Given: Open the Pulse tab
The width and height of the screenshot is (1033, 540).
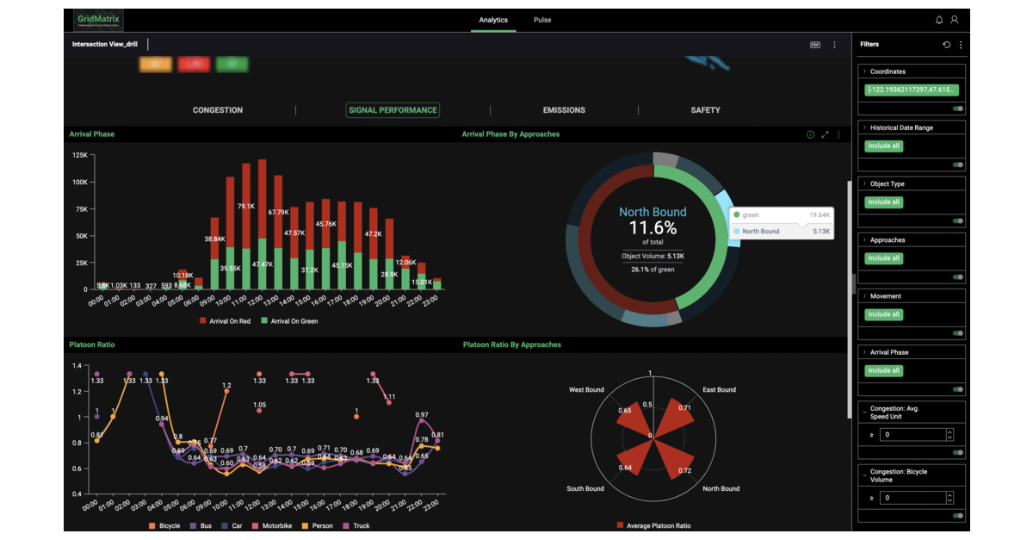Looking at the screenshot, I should tap(542, 20).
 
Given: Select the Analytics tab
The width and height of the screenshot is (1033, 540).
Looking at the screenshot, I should tap(493, 20).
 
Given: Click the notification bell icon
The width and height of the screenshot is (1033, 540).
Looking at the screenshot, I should tap(939, 20).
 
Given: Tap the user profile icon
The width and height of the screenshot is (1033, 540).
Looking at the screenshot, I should tap(954, 20).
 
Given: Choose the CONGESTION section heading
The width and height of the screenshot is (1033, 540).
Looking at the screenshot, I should tap(218, 110).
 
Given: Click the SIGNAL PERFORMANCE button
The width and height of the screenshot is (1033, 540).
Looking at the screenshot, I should tap(393, 110).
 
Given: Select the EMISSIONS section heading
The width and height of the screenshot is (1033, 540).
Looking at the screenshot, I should tap(564, 110).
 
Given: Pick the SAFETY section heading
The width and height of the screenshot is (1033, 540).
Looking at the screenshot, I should tap(705, 110).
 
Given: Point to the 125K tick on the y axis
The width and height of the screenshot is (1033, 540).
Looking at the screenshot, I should tap(79, 155).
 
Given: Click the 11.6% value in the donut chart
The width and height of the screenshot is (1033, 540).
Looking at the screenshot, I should tap(653, 228).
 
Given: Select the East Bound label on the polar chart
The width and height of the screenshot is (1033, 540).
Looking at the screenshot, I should tap(719, 390).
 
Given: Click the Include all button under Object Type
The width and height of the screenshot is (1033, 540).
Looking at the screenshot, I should tap(884, 202).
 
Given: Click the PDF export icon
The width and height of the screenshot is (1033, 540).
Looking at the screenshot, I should tap(815, 45).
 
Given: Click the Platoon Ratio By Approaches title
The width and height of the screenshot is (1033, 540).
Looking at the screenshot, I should tap(511, 344).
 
